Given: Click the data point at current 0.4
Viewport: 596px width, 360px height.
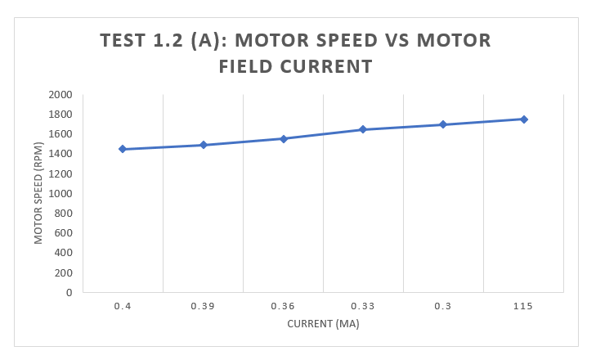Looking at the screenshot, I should [x=123, y=149].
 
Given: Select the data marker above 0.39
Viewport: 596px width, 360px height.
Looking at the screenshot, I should [x=203, y=145].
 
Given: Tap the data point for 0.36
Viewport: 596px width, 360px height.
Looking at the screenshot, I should [x=283, y=138].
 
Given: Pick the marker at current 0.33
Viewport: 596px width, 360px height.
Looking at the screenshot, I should [x=363, y=129].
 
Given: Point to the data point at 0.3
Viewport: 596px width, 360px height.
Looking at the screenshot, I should [x=443, y=124].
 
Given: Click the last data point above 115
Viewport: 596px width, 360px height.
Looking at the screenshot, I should [x=523, y=119].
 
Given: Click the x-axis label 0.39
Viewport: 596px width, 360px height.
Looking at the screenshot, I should [x=203, y=306].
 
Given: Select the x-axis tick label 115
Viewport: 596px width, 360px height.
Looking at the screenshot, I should [x=523, y=306].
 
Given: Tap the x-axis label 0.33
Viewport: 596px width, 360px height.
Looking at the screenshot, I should [x=363, y=306].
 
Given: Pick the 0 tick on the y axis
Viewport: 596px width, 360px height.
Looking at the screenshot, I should [x=69, y=292].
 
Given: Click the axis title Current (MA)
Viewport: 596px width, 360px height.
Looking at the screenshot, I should [x=323, y=323].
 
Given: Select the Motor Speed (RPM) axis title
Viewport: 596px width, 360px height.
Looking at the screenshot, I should [x=38, y=193].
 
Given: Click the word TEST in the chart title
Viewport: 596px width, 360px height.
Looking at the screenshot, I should [x=124, y=41].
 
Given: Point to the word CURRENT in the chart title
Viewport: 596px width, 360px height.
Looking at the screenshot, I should [x=325, y=66].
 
